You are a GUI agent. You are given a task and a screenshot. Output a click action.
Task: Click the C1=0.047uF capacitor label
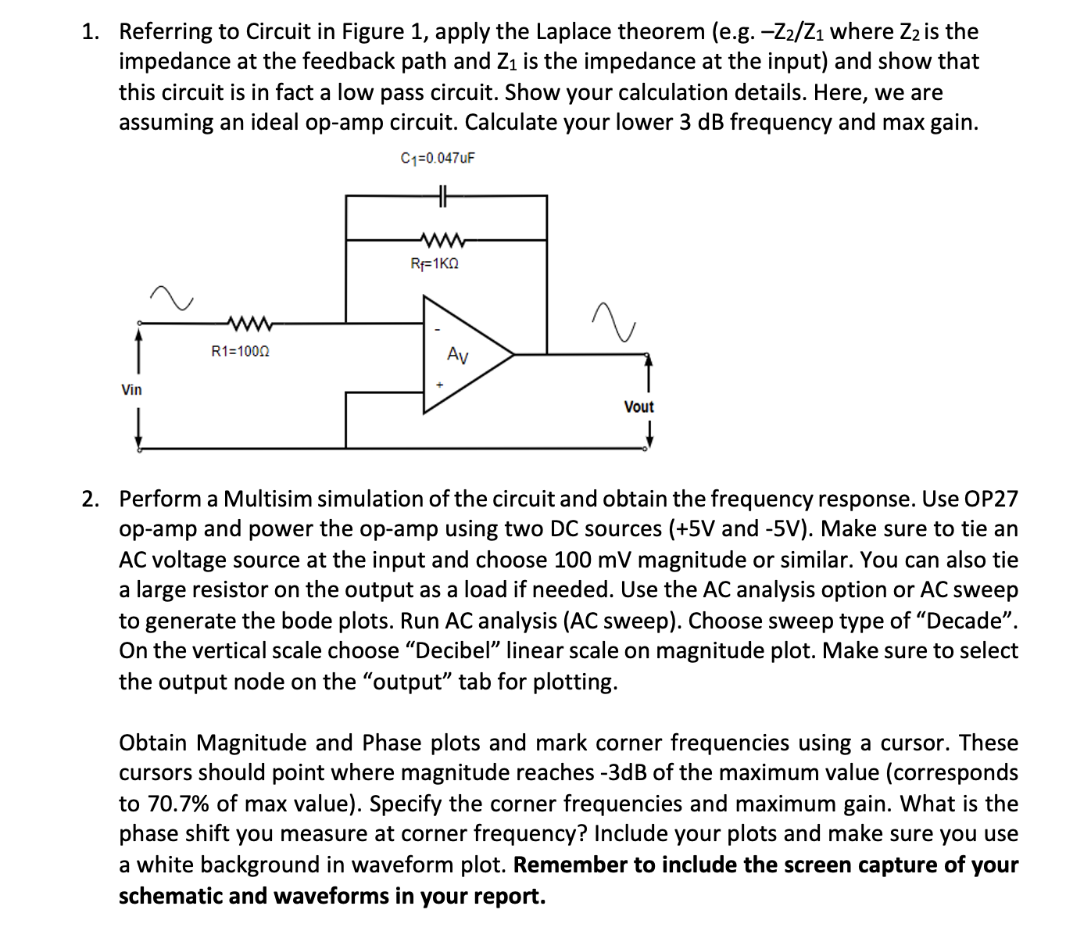[438, 158]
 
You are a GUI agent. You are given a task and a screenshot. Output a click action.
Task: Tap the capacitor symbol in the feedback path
[442, 195]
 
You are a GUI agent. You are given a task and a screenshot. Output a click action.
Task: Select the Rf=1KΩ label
[435, 264]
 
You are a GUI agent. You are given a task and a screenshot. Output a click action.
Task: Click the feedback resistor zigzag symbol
[443, 239]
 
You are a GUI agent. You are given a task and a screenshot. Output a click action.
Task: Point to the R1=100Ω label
[241, 352]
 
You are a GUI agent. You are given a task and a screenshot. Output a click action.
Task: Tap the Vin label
[131, 389]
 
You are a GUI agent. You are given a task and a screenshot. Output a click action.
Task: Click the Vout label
[639, 406]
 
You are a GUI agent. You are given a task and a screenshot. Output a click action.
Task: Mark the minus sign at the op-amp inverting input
[438, 328]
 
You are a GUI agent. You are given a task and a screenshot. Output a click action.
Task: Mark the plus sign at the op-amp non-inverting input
[439, 385]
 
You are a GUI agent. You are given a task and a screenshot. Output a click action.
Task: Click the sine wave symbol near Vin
[172, 298]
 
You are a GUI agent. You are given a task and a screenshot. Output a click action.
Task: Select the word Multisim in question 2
[268, 499]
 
